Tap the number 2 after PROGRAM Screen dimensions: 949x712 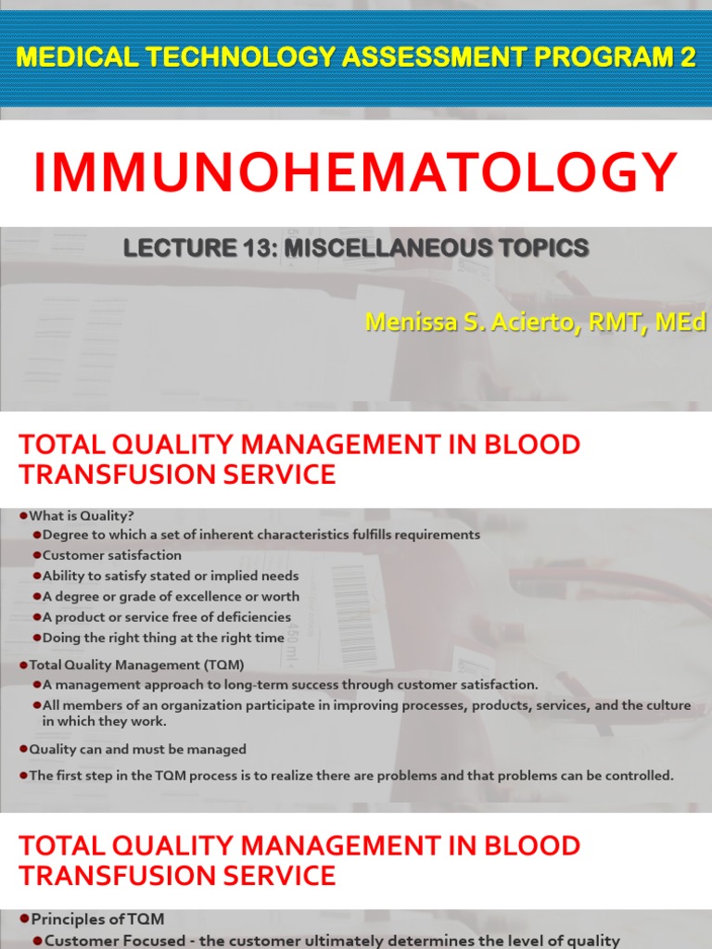pos(688,57)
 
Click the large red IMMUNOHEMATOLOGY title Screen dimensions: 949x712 pos(356,173)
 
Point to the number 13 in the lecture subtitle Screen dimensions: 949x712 pos(262,248)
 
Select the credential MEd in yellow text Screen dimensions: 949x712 pos(681,322)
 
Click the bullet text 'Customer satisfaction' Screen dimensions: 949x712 pos(112,555)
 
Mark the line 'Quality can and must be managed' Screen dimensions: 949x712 pos(137,749)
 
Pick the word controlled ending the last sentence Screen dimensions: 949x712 pos(638,776)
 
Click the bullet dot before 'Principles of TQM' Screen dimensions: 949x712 pos(24,918)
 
